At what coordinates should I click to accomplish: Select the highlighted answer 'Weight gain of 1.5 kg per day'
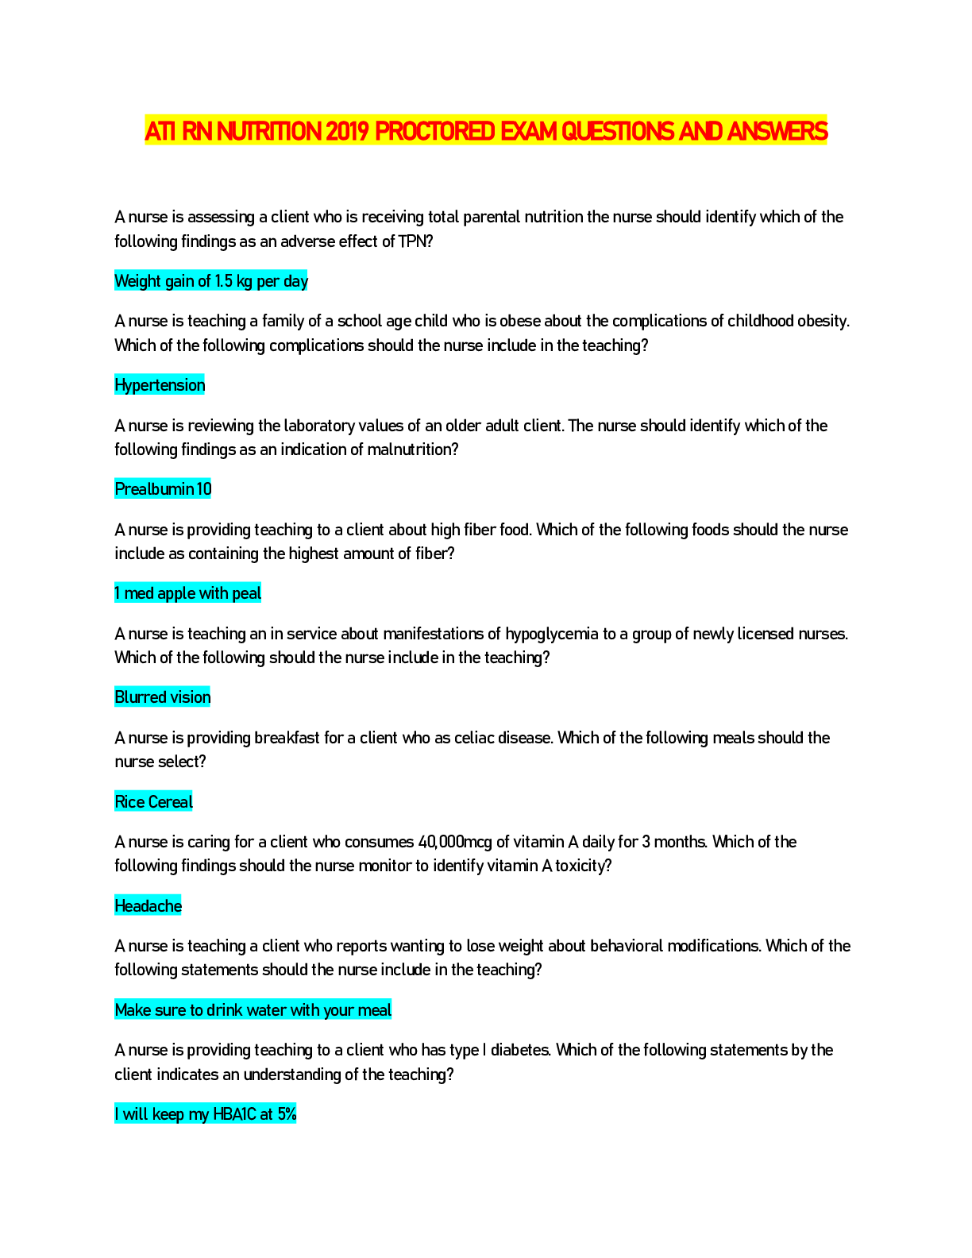[210, 281]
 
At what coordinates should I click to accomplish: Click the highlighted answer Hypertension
[159, 385]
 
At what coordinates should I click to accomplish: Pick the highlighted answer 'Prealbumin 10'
[163, 489]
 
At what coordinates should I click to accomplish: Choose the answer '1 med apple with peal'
[187, 592]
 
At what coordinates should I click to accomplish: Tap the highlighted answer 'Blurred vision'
[162, 697]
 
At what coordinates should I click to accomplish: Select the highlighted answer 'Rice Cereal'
[153, 801]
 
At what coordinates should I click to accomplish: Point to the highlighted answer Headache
[148, 905]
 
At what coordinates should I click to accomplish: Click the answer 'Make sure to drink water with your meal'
[253, 1009]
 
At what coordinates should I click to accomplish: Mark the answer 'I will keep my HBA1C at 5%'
[205, 1113]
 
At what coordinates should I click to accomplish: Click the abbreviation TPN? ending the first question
[415, 241]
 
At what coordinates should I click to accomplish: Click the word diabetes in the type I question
[520, 1050]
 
